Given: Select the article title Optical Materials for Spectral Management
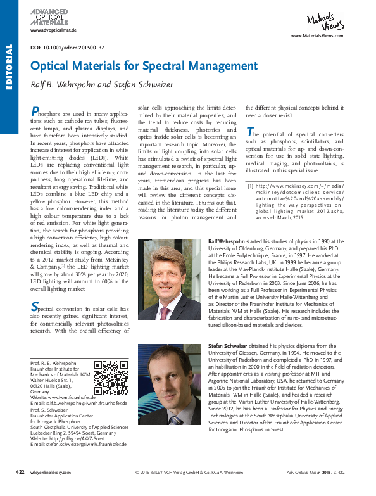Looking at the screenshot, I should point(144,66).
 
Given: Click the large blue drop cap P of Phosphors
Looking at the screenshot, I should point(35,111).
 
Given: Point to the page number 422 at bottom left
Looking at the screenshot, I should point(20,490).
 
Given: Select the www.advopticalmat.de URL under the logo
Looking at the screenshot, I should point(53,30).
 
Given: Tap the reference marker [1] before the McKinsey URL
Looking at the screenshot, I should point(250,185).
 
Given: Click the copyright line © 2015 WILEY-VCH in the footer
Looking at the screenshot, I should point(189,490).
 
